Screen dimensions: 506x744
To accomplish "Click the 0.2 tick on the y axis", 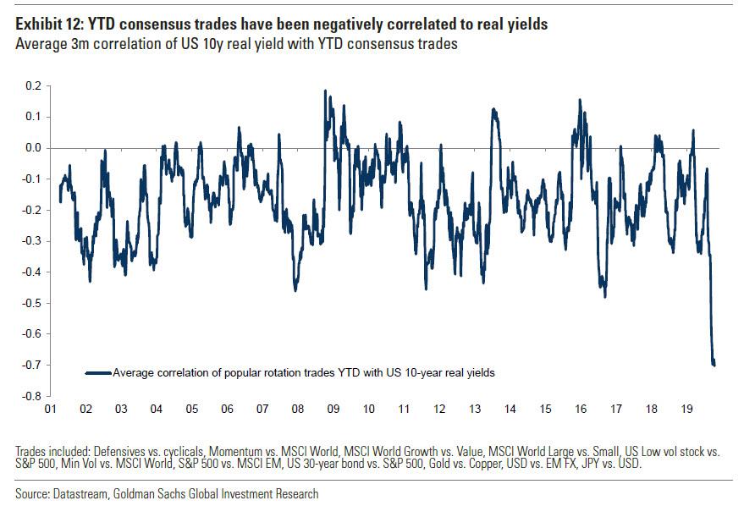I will (x=31, y=85).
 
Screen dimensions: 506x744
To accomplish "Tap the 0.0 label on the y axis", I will (x=31, y=147).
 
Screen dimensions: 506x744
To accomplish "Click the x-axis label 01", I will (x=50, y=410).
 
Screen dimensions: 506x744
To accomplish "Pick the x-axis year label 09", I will (x=333, y=410).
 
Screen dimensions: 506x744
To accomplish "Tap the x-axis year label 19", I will (x=686, y=410).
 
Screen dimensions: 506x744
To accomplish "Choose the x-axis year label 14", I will (x=510, y=410).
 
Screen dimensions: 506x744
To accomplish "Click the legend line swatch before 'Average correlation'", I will (x=98, y=372).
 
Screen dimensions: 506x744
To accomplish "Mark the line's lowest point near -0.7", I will (x=714, y=365).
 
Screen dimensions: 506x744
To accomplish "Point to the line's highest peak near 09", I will (x=326, y=91).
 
